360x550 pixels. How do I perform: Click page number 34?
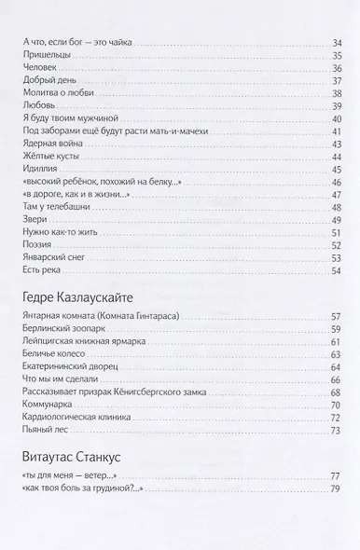[x=337, y=43]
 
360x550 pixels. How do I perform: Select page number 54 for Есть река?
[x=337, y=270]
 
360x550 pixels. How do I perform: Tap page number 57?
[x=337, y=317]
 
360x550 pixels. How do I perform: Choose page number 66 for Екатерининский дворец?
[x=337, y=367]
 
